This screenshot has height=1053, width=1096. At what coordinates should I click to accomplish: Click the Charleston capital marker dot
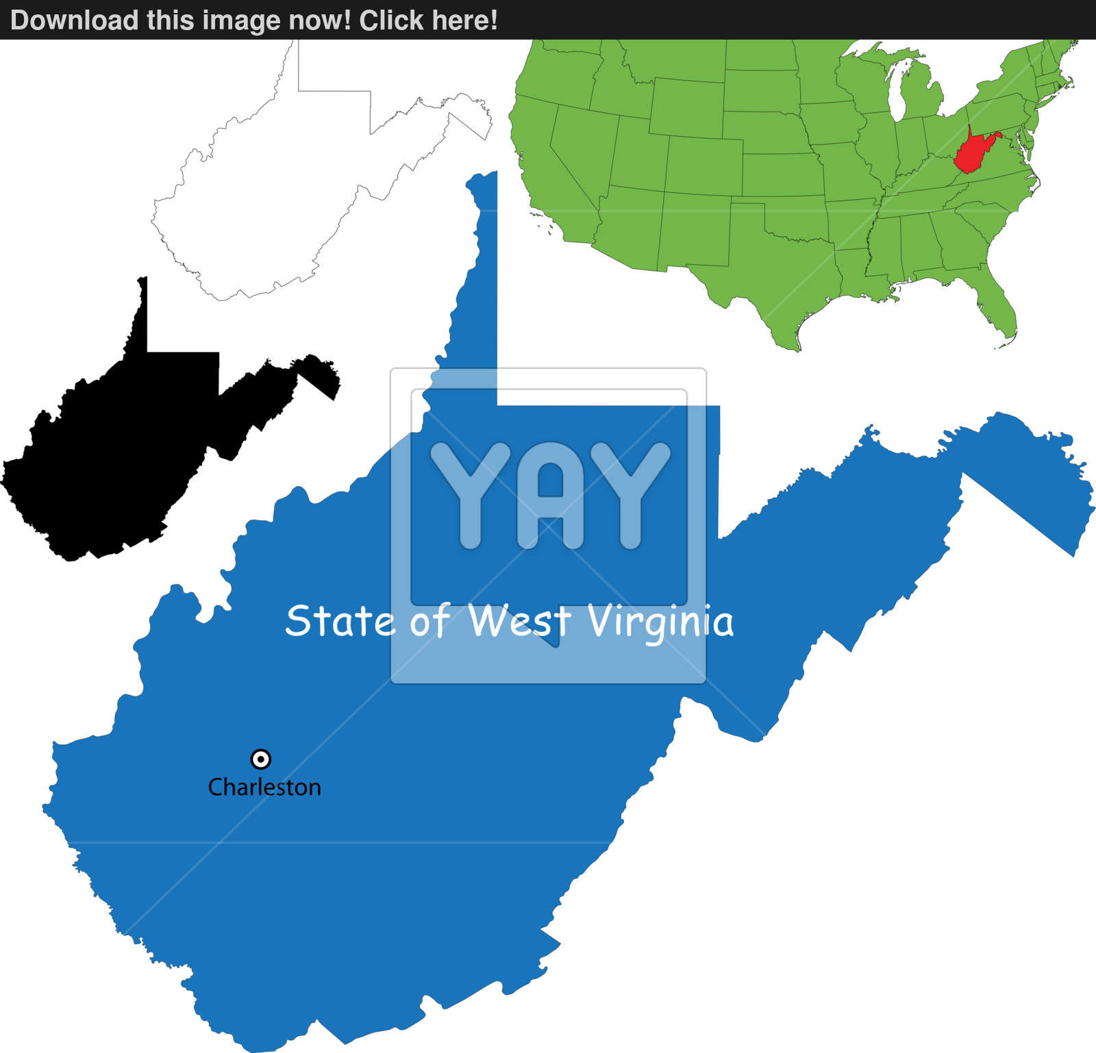(x=261, y=759)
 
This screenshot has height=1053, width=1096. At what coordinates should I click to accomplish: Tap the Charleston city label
(x=264, y=787)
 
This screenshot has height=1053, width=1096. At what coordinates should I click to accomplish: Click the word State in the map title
(x=340, y=620)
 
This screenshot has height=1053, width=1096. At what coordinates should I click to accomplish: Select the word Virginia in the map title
(x=661, y=622)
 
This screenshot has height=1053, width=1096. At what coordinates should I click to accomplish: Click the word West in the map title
(x=519, y=620)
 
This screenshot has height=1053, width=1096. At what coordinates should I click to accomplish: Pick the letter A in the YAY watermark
(x=550, y=494)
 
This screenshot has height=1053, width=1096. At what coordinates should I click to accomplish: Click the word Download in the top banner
(x=74, y=20)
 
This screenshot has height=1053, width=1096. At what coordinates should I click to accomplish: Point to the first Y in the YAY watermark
(x=470, y=494)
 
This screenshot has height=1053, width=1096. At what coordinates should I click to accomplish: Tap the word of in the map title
(x=430, y=620)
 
